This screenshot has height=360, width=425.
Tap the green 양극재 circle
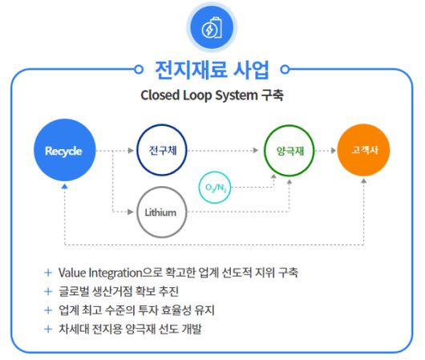(x=289, y=151)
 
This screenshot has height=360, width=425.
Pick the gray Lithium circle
(x=162, y=212)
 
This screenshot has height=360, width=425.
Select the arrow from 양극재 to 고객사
(x=324, y=151)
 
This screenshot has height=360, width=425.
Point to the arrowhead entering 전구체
(x=131, y=151)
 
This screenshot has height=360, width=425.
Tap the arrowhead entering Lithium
(x=131, y=212)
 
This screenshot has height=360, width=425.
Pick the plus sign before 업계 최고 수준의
(x=48, y=309)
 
